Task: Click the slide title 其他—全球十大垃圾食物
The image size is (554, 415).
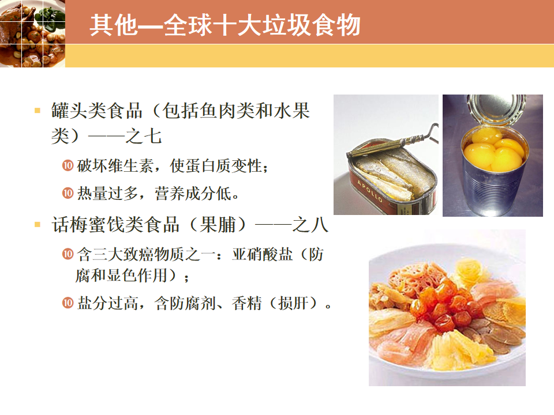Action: (225, 25)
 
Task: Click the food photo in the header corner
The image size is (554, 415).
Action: (32, 33)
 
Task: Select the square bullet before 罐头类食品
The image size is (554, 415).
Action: (38, 111)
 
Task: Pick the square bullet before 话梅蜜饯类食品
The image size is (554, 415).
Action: (38, 224)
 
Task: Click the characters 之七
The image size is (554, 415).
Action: (144, 136)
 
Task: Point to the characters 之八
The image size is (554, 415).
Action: (310, 225)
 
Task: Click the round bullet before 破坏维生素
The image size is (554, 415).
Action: (68, 165)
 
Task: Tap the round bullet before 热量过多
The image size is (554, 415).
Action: (68, 193)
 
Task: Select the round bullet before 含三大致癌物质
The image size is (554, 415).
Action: (68, 254)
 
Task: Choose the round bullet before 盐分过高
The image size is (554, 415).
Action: (68, 303)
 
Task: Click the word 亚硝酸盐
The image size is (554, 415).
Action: (263, 254)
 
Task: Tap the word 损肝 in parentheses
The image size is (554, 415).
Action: (294, 303)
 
